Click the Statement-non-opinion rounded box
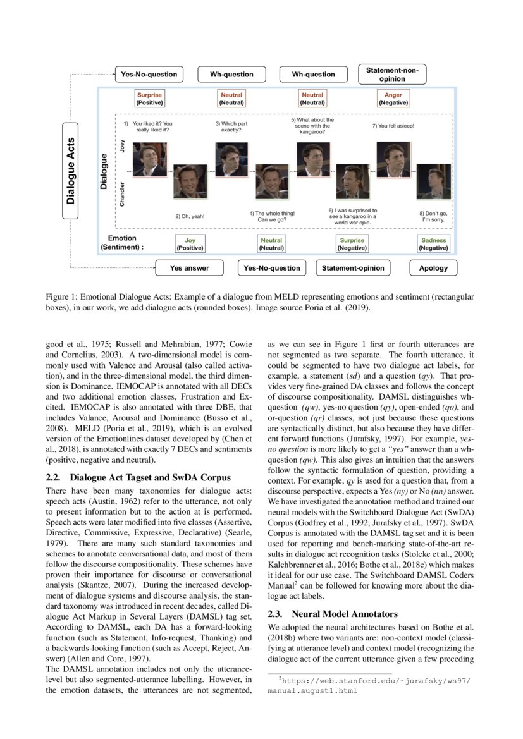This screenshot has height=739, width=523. pyautogui.click(x=392, y=74)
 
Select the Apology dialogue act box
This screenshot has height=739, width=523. pyautogui.click(x=433, y=268)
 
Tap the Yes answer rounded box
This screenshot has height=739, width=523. pyautogui.click(x=189, y=268)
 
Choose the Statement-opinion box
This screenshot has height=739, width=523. pyautogui.click(x=353, y=268)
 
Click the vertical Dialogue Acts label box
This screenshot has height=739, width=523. pyautogui.click(x=71, y=171)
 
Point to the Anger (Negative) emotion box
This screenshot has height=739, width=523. pyautogui.click(x=393, y=99)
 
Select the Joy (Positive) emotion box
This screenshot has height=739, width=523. pyautogui.click(x=190, y=244)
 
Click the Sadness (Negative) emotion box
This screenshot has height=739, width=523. pyautogui.click(x=434, y=244)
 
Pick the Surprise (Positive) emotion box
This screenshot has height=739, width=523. pyautogui.click(x=150, y=99)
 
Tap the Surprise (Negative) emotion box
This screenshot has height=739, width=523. pyautogui.click(x=352, y=244)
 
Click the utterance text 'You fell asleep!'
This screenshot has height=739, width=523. pyautogui.click(x=393, y=126)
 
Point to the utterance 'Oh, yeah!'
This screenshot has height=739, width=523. pyautogui.click(x=190, y=216)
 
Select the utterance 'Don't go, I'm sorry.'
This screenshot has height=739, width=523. pyautogui.click(x=434, y=216)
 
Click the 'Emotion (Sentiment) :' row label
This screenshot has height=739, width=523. pyautogui.click(x=122, y=243)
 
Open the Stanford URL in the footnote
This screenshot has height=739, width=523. pyautogui.click(x=373, y=685)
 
